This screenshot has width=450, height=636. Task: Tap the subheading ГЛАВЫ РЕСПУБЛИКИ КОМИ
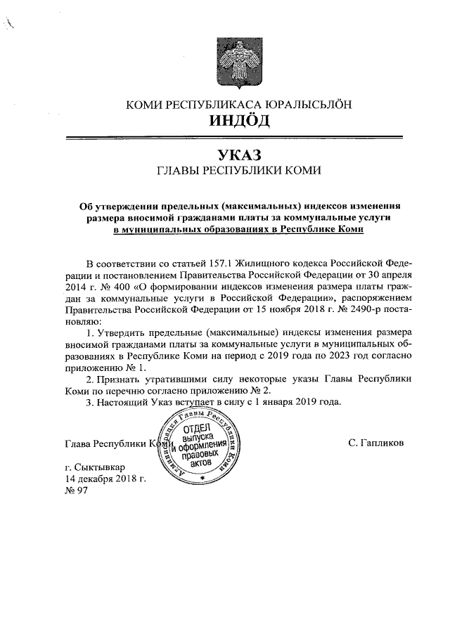coord(239,170)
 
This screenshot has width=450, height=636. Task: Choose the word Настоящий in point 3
coord(129,402)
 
